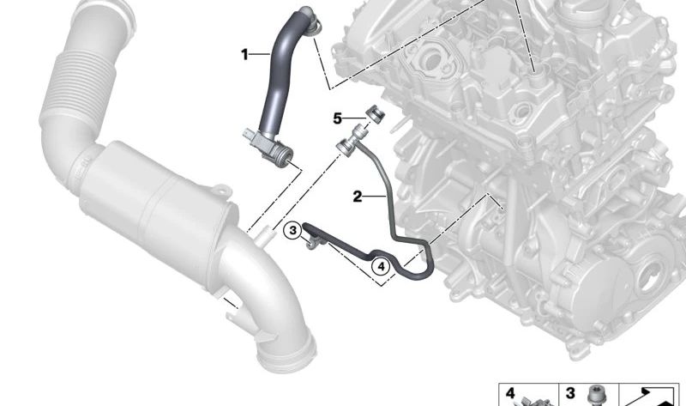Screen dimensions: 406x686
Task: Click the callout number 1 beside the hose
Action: coord(244,54)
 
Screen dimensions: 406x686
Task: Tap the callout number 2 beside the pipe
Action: coord(358,197)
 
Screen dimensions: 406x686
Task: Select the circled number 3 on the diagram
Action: coord(292,230)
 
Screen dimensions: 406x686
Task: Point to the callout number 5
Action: coord(338,117)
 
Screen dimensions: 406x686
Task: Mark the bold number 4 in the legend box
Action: coord(510,394)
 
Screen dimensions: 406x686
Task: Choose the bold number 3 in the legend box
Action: coord(569,394)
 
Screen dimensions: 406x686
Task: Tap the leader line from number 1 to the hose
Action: coord(259,54)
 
